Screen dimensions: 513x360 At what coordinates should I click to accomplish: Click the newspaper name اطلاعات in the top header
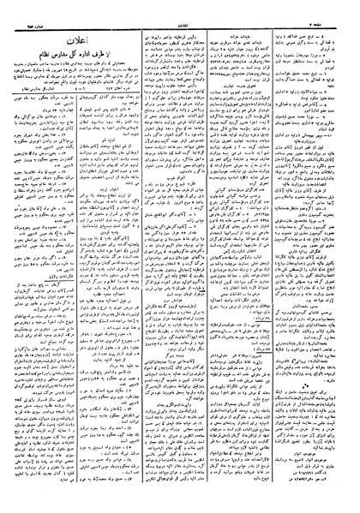pos(180,9)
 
